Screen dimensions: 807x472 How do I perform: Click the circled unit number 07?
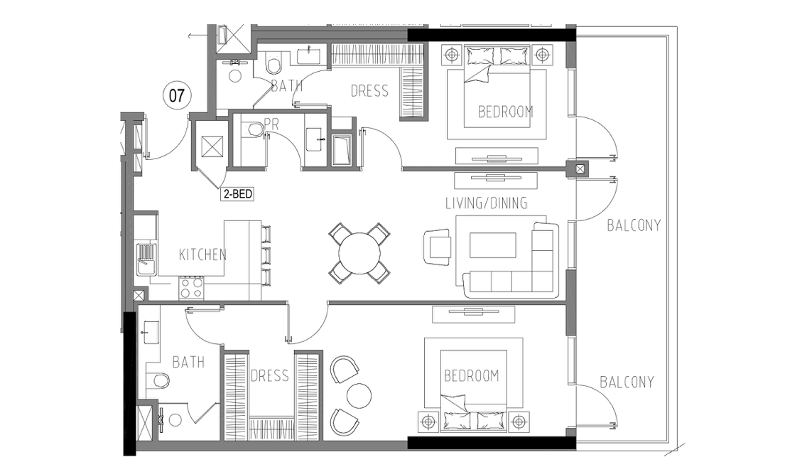(x=176, y=95)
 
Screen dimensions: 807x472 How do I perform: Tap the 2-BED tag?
(x=238, y=194)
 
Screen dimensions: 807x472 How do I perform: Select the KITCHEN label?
(x=202, y=254)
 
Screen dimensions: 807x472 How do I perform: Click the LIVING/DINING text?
(x=486, y=203)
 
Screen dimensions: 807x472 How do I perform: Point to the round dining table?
(x=359, y=253)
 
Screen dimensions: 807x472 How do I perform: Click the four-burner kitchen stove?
(x=192, y=288)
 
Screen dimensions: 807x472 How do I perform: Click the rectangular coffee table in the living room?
(x=492, y=245)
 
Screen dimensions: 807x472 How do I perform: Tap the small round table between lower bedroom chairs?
(x=359, y=395)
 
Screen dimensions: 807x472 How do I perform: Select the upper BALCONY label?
(x=634, y=225)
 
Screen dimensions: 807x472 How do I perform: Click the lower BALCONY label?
(x=627, y=382)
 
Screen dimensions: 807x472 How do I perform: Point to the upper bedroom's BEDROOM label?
(x=505, y=112)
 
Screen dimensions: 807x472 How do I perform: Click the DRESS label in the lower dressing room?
(x=270, y=376)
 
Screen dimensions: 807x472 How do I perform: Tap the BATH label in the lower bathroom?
(x=188, y=362)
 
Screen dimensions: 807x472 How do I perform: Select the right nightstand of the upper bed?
(x=541, y=54)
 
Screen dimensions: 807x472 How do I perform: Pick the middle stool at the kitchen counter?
(x=266, y=254)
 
